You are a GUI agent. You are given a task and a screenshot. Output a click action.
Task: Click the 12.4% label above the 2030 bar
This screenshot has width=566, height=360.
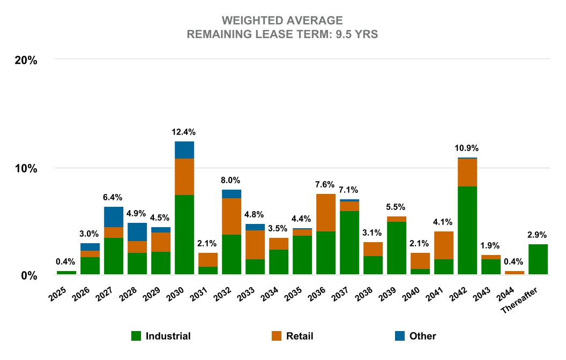click(x=184, y=132)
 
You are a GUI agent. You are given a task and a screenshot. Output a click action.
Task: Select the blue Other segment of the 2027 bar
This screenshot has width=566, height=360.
click(x=114, y=217)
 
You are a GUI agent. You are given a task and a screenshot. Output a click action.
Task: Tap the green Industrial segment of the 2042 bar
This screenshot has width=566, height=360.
click(x=467, y=230)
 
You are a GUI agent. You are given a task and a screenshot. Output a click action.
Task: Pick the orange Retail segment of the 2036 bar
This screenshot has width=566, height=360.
click(x=326, y=213)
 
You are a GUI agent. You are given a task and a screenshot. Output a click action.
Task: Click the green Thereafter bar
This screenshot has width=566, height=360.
click(x=538, y=259)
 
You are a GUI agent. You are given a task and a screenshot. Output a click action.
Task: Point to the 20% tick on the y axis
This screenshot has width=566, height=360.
click(x=25, y=60)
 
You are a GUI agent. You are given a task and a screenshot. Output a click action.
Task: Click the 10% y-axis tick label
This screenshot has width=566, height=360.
click(x=25, y=168)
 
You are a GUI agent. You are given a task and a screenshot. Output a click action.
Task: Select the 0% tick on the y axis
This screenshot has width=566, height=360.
click(x=28, y=275)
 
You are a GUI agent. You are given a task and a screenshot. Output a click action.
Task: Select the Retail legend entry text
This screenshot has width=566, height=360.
click(x=300, y=336)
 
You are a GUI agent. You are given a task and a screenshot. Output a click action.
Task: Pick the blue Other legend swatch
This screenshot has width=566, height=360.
click(x=399, y=336)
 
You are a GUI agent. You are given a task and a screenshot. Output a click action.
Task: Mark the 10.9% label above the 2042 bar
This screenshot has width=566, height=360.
click(x=467, y=148)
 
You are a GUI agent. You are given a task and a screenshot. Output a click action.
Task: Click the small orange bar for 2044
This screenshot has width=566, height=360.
click(x=515, y=273)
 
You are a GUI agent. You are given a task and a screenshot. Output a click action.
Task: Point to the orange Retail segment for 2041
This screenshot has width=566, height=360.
click(x=444, y=245)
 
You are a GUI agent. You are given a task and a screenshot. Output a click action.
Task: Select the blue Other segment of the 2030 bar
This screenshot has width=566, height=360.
click(x=184, y=150)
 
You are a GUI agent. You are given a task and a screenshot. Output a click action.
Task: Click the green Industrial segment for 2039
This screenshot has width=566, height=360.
click(x=397, y=248)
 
